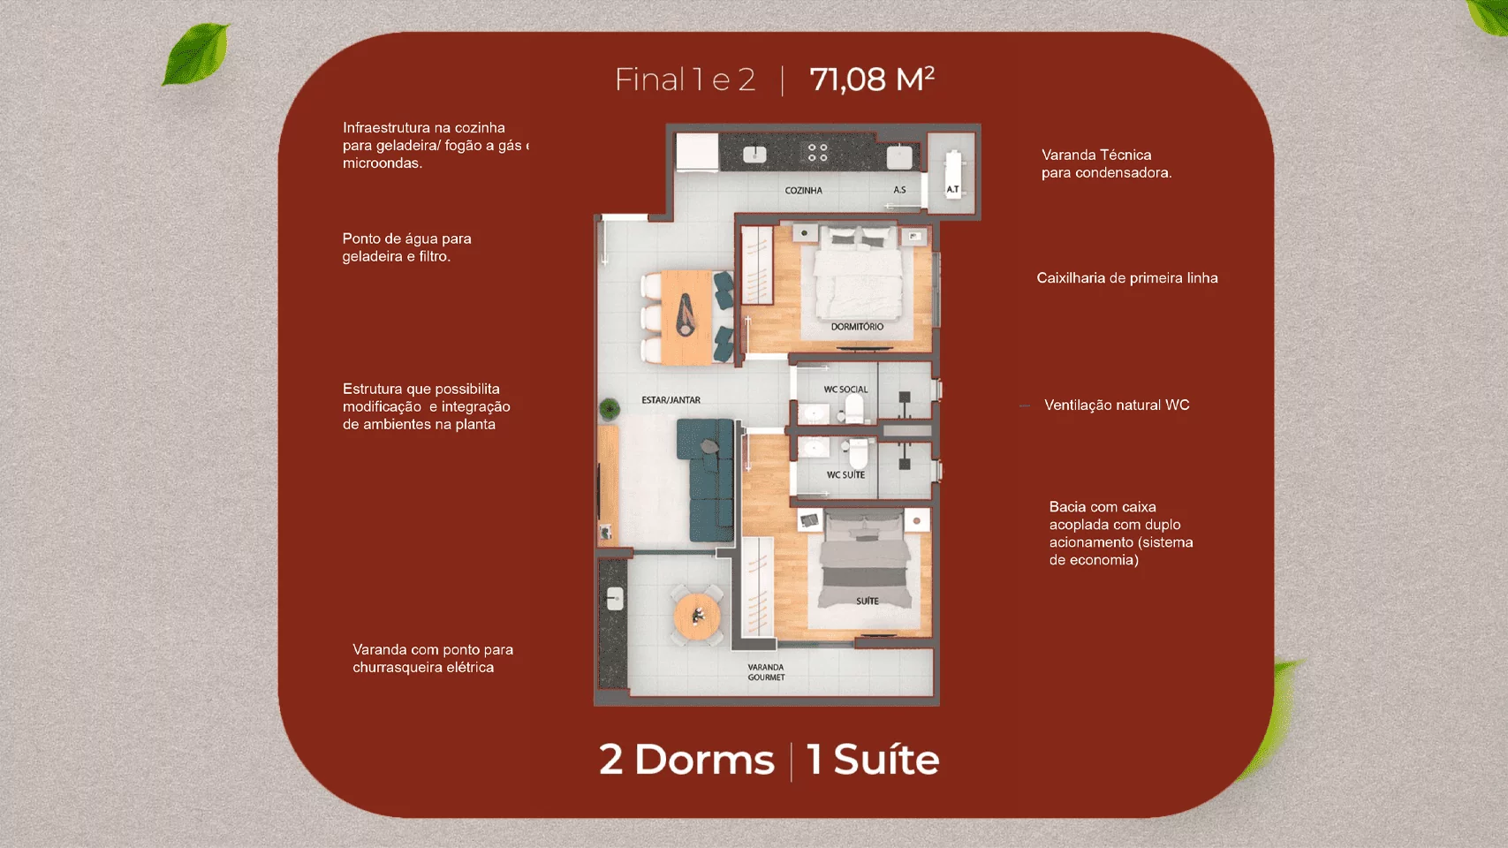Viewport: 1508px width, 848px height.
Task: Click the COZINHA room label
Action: tap(803, 191)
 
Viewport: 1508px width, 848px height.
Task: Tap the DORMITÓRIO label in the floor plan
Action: tap(857, 327)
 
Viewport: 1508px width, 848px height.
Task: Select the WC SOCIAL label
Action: tap(845, 389)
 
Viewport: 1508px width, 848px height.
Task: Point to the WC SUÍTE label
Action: tap(845, 474)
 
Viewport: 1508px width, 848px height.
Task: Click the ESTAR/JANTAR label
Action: tap(671, 400)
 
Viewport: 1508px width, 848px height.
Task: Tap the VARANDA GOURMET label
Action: tap(766, 672)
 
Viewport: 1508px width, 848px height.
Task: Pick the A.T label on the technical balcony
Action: tap(952, 189)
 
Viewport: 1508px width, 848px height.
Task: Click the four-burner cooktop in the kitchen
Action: tap(817, 153)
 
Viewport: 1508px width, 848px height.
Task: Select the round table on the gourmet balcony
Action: tap(697, 615)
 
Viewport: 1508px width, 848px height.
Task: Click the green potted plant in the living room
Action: tap(610, 408)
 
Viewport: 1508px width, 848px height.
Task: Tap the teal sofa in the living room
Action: tap(706, 480)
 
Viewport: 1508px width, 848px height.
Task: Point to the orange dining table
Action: tap(686, 317)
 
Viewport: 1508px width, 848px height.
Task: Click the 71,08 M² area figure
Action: tap(872, 79)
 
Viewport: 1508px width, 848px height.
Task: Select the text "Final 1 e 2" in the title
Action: tap(685, 79)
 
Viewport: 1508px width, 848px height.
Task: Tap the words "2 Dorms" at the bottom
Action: tap(686, 759)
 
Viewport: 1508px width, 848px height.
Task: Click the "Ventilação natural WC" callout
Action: tap(1117, 405)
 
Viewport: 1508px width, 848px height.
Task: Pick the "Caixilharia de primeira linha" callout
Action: tap(1127, 278)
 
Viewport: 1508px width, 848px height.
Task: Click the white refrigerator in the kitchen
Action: tap(697, 152)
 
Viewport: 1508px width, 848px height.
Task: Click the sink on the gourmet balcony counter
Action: tap(615, 598)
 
